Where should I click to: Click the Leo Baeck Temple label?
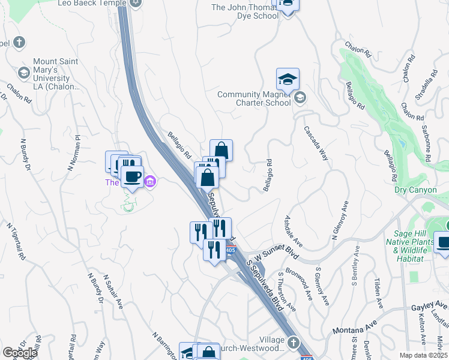(91, 3)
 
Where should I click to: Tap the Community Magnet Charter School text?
(254, 98)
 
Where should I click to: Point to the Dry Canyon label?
(413, 190)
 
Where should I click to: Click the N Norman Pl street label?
(73, 152)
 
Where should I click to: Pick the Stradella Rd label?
(427, 80)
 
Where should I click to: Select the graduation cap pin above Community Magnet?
(288, 79)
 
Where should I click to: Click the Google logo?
(20, 352)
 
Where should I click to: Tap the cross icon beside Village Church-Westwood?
(292, 343)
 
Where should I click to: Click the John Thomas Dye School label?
(245, 11)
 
